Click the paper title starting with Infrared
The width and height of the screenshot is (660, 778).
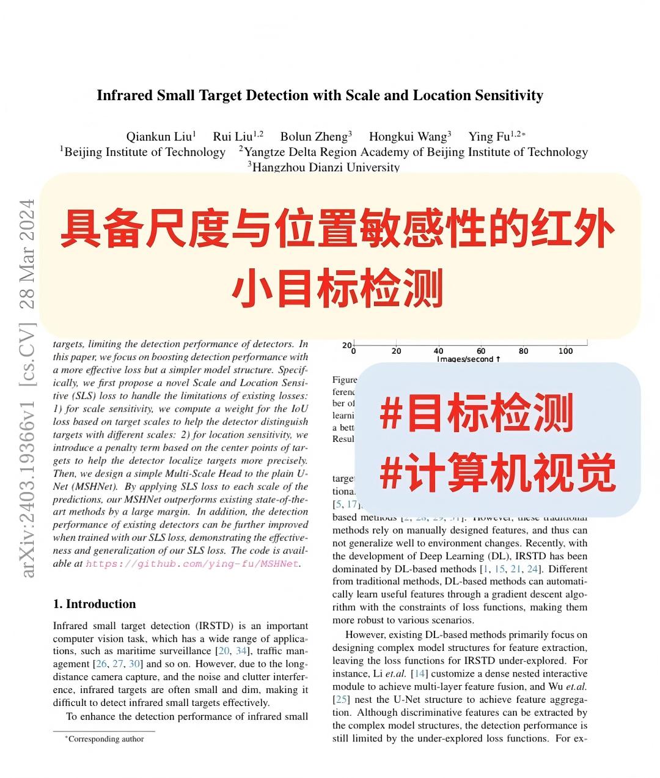tap(320, 95)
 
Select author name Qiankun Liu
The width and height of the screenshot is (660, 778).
tap(160, 136)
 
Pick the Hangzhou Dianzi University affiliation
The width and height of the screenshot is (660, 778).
tap(325, 167)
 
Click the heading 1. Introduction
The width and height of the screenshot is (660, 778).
tap(94, 604)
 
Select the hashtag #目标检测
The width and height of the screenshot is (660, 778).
tap(477, 414)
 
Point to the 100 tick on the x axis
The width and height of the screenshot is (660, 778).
tap(566, 351)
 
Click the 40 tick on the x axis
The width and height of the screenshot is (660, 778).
tap(438, 351)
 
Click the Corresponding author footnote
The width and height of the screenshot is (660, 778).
tap(105, 739)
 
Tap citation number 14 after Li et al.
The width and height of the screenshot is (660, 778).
tap(420, 673)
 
